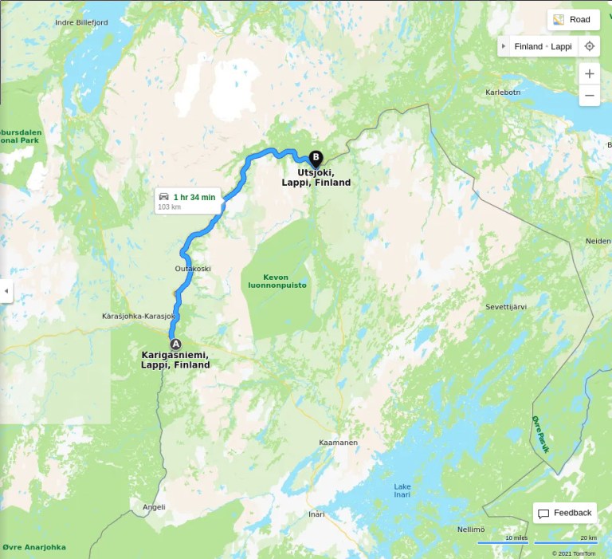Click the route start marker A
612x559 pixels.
(175, 343)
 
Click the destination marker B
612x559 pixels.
(316, 157)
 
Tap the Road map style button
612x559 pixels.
(572, 20)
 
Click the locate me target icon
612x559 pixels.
(589, 46)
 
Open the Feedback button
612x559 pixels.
(565, 513)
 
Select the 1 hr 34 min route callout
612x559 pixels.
(187, 201)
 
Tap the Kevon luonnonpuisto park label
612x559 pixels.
(274, 281)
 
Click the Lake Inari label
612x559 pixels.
(402, 491)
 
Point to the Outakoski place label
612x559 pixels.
(193, 269)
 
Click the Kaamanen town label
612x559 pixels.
(338, 443)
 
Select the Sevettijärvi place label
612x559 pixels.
(506, 306)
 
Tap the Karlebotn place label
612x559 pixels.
(503, 93)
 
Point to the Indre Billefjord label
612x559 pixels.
(81, 22)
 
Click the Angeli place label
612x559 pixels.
(154, 507)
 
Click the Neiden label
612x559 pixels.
(598, 241)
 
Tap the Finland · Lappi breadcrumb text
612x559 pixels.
(543, 46)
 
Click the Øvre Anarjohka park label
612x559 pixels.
(34, 547)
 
